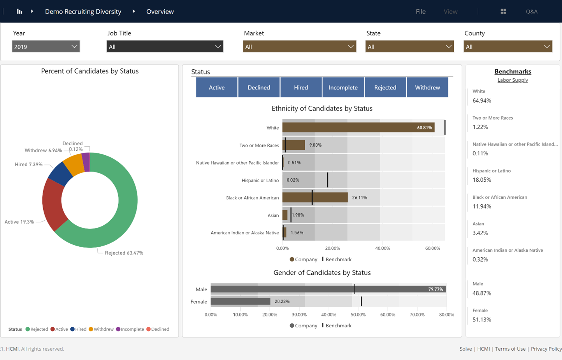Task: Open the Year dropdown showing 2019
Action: point(46,47)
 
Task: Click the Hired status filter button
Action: point(301,88)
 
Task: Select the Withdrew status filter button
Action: point(427,88)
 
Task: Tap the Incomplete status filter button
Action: point(343,88)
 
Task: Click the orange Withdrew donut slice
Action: point(74,164)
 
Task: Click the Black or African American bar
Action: point(315,198)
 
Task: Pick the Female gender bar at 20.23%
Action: point(240,301)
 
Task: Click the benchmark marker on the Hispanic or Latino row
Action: point(328,180)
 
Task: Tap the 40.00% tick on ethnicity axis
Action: point(383,248)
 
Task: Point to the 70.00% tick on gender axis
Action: point(417,314)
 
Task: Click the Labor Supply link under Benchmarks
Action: point(513,80)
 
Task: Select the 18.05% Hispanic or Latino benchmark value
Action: point(482,180)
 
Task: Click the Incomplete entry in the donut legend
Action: point(132,329)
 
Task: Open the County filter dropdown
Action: point(508,47)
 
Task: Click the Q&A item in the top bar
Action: point(531,12)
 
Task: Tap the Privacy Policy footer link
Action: point(546,349)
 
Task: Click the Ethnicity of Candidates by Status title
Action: point(322,109)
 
